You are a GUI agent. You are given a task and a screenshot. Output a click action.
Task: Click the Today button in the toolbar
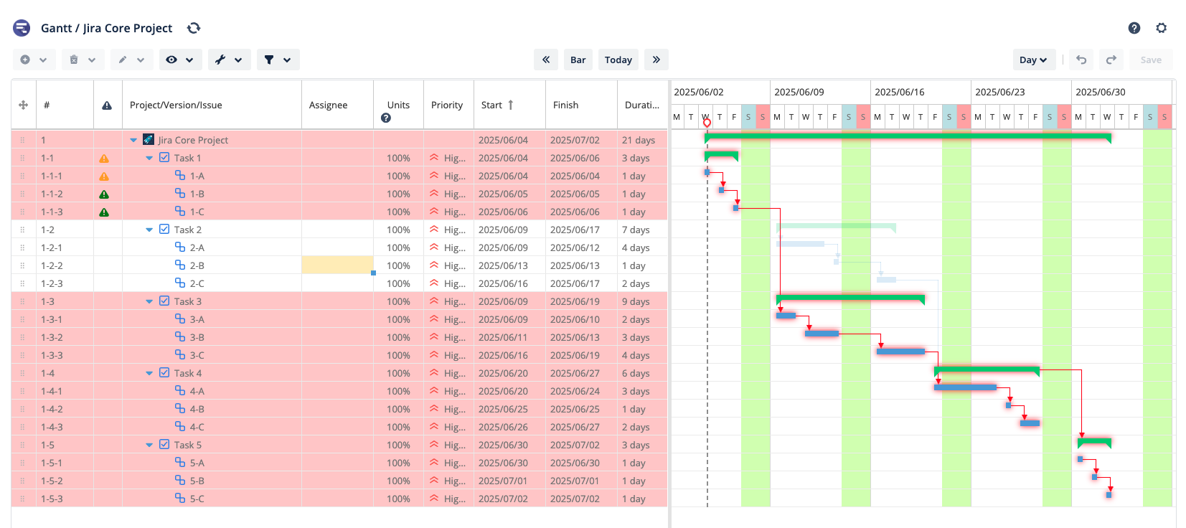pyautogui.click(x=618, y=60)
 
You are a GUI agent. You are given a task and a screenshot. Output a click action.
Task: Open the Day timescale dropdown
pyautogui.click(x=1033, y=60)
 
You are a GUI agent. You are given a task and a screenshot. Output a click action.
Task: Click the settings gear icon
pyautogui.click(x=1161, y=28)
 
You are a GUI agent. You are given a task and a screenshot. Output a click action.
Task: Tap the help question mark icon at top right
pyautogui.click(x=1134, y=28)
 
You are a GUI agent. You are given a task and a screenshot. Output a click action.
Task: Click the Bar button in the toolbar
pyautogui.click(x=578, y=60)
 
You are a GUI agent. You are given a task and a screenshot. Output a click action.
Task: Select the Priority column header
pyautogui.click(x=447, y=105)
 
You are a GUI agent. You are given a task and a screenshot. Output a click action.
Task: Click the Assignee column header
pyautogui.click(x=328, y=105)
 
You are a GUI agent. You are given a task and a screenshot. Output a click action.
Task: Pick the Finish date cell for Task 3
pyautogui.click(x=575, y=301)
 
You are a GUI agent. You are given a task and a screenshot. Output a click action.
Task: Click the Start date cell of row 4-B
pyautogui.click(x=503, y=409)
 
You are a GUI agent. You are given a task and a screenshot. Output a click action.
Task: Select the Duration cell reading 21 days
pyautogui.click(x=638, y=140)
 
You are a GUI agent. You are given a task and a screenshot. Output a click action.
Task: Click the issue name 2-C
pyautogui.click(x=197, y=283)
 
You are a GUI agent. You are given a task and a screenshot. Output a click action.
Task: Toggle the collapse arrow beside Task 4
pyautogui.click(x=149, y=373)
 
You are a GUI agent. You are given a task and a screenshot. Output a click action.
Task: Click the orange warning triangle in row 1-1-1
pyautogui.click(x=104, y=176)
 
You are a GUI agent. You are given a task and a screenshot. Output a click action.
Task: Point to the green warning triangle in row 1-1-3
pyautogui.click(x=104, y=212)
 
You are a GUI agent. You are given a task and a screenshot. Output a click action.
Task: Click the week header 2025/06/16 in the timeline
pyautogui.click(x=899, y=92)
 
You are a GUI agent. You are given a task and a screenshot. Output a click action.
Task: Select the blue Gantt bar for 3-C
pyautogui.click(x=900, y=352)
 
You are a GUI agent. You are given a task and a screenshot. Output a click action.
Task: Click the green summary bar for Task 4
pyautogui.click(x=987, y=370)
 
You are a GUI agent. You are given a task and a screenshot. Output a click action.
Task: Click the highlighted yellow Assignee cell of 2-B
pyautogui.click(x=337, y=265)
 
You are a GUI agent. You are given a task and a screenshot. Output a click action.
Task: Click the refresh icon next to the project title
pyautogui.click(x=194, y=28)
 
